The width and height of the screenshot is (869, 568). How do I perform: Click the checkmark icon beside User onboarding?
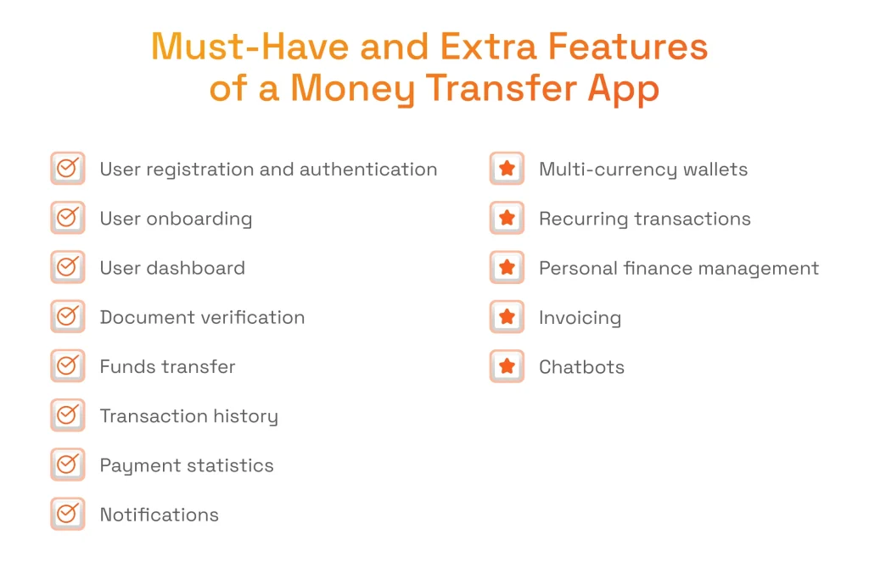(x=67, y=218)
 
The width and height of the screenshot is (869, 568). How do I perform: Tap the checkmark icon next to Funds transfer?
(x=67, y=366)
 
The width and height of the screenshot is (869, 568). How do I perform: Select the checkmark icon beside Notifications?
(x=67, y=514)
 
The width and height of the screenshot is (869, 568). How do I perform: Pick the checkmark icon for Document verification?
(x=67, y=317)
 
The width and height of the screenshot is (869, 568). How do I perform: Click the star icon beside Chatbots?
(x=507, y=366)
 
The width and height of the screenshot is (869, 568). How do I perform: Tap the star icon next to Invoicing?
(x=507, y=317)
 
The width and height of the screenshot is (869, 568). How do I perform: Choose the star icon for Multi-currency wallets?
(x=507, y=169)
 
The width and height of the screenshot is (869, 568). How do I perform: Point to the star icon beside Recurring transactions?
(x=507, y=218)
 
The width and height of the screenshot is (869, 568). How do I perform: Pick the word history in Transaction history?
(x=245, y=416)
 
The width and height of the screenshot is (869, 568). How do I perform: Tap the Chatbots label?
(x=581, y=367)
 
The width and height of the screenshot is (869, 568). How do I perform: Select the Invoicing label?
(x=580, y=318)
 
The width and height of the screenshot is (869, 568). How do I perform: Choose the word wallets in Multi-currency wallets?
(x=713, y=170)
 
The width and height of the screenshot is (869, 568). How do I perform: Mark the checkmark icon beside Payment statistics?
(x=67, y=465)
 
